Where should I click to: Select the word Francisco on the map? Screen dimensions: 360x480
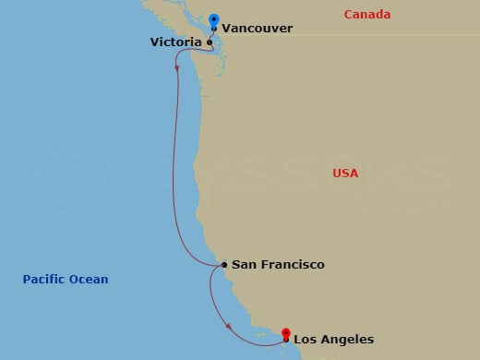[x=291, y=265]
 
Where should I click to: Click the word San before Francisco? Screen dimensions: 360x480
[x=243, y=265]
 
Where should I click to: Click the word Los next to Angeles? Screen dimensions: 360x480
[x=308, y=339]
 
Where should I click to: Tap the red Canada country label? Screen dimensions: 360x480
[x=366, y=15]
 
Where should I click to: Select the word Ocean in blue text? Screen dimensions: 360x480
[x=90, y=279]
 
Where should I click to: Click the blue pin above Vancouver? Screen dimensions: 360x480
[x=214, y=19]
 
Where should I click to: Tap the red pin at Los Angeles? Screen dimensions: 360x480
[x=286, y=333]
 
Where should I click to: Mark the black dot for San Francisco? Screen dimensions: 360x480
[x=224, y=266]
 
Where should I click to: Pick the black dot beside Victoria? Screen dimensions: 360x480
[x=210, y=42]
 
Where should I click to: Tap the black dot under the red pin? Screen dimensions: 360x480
[x=286, y=340]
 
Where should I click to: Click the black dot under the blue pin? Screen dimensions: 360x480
[x=214, y=29]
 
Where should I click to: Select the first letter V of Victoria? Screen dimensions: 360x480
[x=154, y=42]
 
